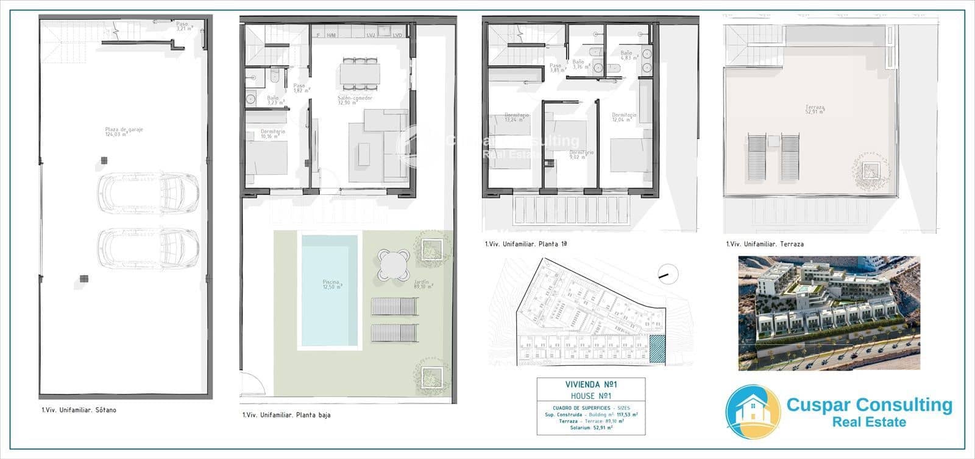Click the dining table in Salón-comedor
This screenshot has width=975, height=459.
(x=360, y=74)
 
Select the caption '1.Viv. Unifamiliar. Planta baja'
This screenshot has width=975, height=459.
(x=286, y=416)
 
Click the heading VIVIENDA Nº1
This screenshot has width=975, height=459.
(x=590, y=385)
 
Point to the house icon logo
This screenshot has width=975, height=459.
(x=753, y=413)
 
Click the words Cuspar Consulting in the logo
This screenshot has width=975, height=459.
(x=869, y=405)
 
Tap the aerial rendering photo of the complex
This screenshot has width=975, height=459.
(x=829, y=312)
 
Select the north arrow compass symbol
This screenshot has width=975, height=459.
(x=668, y=273)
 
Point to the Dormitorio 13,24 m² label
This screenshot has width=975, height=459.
(x=517, y=117)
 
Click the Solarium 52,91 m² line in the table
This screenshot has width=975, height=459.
(x=590, y=427)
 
